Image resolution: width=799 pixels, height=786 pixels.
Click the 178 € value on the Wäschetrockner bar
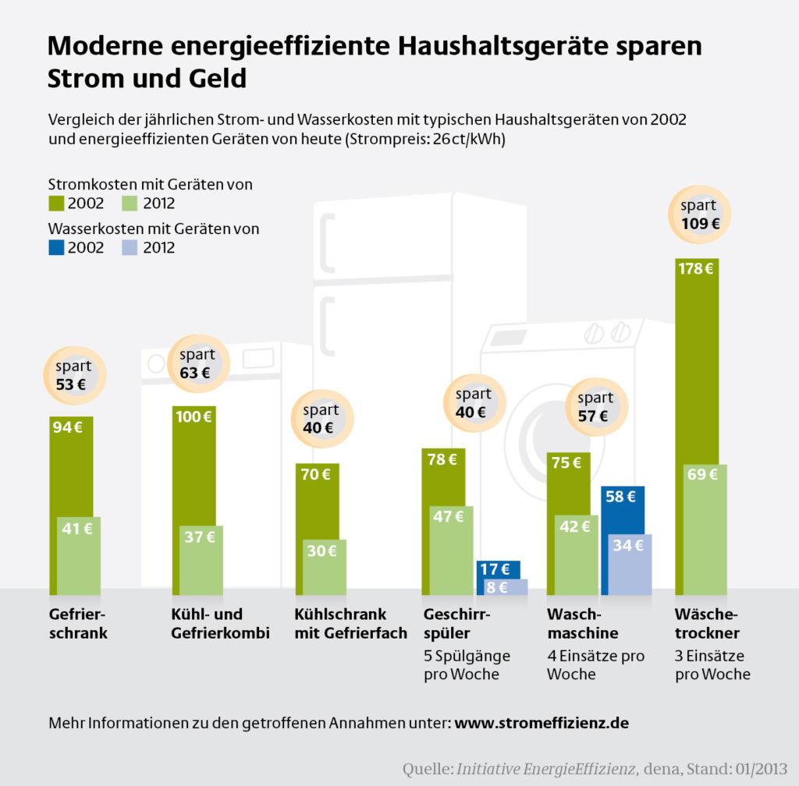pyautogui.click(x=697, y=270)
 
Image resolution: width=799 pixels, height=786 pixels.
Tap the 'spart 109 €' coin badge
pyautogui.click(x=699, y=215)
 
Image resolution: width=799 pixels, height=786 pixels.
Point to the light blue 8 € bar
pyautogui.click(x=502, y=587)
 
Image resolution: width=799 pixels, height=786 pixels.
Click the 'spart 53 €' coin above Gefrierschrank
pyautogui.click(x=73, y=374)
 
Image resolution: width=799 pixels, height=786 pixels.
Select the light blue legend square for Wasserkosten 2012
pyautogui.click(x=130, y=248)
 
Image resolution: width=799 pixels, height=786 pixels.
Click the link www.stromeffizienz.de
pyautogui.click(x=542, y=723)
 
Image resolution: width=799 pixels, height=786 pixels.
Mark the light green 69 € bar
pyautogui.click(x=701, y=530)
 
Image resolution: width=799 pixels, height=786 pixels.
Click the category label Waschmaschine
pyautogui.click(x=582, y=622)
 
